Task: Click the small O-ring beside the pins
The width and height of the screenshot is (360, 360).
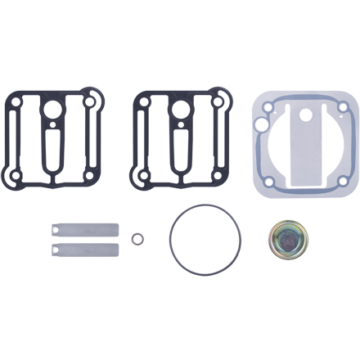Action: tap(140, 239)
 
